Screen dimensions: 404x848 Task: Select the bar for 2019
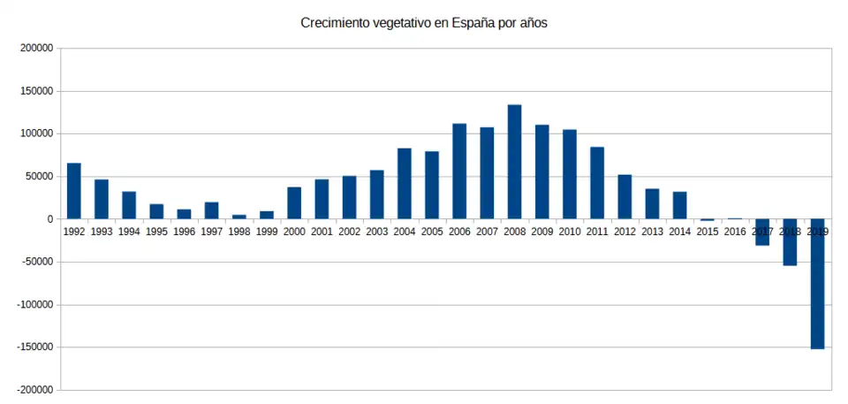[817, 284]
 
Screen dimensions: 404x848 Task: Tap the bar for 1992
[73, 191]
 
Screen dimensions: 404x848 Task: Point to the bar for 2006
[459, 172]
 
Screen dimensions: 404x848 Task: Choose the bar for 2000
[294, 202]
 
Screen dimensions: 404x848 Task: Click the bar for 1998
[238, 217]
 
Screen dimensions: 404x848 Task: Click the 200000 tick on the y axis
[37, 49]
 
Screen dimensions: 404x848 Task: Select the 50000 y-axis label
[40, 177]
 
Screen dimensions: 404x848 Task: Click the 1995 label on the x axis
[156, 231]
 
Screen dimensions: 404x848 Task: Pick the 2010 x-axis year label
[570, 231]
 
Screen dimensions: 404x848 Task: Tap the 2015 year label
[708, 231]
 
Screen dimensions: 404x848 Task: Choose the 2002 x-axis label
[349, 231]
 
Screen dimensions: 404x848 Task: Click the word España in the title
[475, 24]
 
